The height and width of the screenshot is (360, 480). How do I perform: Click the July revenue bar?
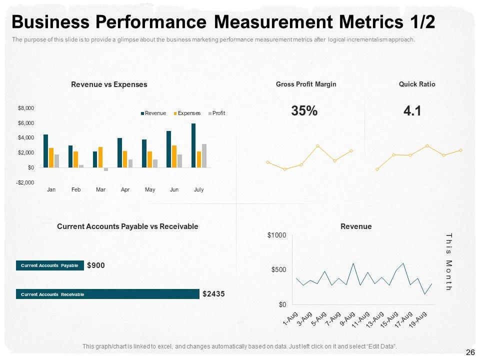pyautogui.click(x=193, y=145)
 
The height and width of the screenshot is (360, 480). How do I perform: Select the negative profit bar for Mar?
pyautogui.click(x=106, y=169)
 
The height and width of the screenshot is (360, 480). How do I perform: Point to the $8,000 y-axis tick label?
pyautogui.click(x=26, y=108)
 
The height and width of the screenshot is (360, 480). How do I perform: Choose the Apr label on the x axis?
pyautogui.click(x=125, y=190)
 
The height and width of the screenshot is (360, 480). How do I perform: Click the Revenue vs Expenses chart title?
pyautogui.click(x=109, y=84)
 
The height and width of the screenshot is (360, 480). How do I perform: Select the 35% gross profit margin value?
pyautogui.click(x=304, y=111)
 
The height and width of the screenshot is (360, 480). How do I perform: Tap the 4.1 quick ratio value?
pyautogui.click(x=412, y=111)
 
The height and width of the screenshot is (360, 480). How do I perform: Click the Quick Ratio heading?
pyautogui.click(x=417, y=84)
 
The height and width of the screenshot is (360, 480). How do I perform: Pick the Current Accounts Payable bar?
pyautogui.click(x=49, y=265)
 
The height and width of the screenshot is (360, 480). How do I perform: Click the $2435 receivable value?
pyautogui.click(x=213, y=294)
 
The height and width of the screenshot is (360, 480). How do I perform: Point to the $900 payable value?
pyautogui.click(x=96, y=265)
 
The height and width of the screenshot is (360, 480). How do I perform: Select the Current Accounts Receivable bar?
pyautogui.click(x=107, y=294)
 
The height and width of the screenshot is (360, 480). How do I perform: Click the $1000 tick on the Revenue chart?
pyautogui.click(x=276, y=235)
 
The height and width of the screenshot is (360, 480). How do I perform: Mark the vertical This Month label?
pyautogui.click(x=448, y=261)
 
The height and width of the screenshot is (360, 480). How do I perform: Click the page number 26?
pyautogui.click(x=470, y=352)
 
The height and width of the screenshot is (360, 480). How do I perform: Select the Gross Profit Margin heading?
pyautogui.click(x=306, y=84)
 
